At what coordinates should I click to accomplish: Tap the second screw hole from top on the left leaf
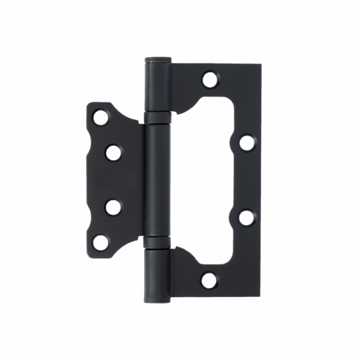[x=112, y=152]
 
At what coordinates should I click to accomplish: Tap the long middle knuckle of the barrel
[x=158, y=180]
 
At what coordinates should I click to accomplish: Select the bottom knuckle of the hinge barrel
[x=158, y=274]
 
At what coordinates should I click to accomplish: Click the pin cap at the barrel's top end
[x=158, y=59]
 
